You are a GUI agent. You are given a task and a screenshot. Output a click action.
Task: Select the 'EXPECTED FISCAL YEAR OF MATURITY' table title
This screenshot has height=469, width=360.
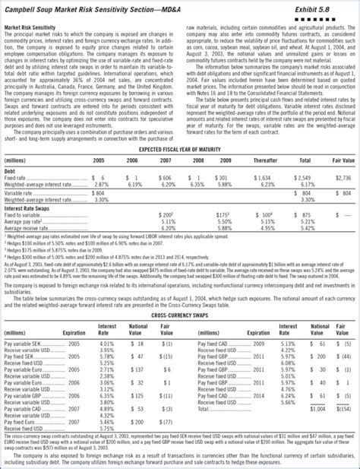tap(180, 152)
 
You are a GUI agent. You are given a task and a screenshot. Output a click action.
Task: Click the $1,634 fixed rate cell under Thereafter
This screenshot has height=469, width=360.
tap(264, 176)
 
